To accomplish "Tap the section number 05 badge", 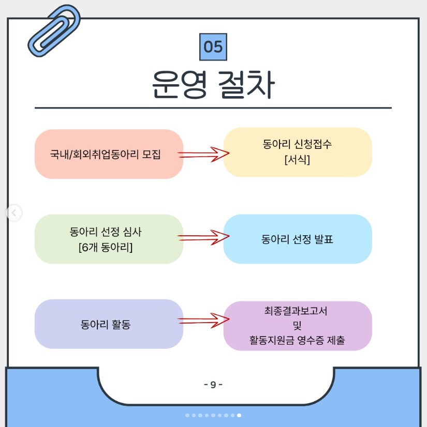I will pos(213,47).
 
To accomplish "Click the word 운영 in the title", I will pos(179,85).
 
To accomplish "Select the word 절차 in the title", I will pos(246,85).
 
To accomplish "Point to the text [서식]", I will pos(297,160).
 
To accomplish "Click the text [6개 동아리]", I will pos(106,247).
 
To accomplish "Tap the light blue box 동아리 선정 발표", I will pos(298,239).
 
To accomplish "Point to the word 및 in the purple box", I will pos(297,326).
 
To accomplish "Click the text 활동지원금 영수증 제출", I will pos(297,341).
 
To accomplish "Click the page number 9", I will pos(213,385).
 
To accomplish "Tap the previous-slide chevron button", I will pos(14,212).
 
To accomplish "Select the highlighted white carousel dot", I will pos(239,415).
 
